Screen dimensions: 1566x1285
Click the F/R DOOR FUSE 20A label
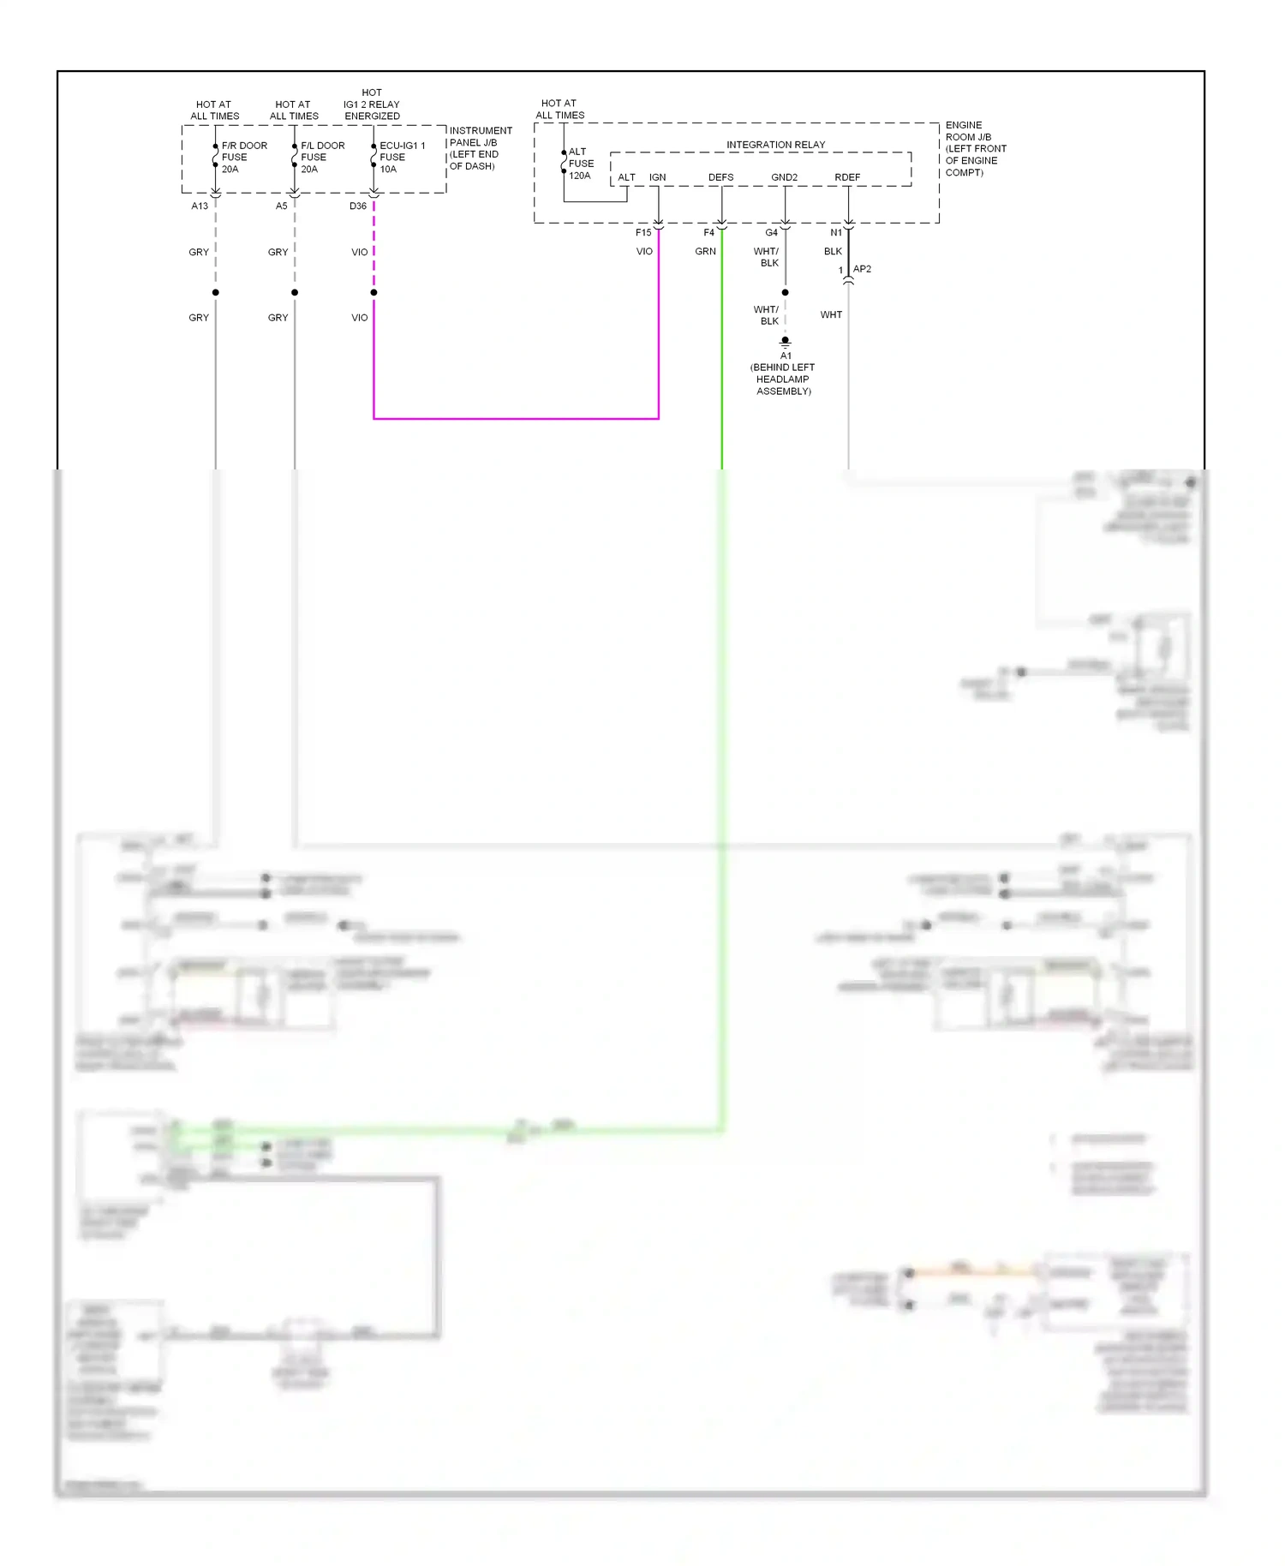(243, 158)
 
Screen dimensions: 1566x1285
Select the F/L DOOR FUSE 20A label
(322, 158)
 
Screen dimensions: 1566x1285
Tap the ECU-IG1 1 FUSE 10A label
(402, 158)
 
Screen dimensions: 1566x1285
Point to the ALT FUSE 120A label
(581, 164)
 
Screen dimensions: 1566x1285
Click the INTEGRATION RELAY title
(775, 145)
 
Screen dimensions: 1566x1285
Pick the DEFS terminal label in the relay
(720, 177)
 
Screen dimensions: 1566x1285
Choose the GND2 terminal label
(784, 177)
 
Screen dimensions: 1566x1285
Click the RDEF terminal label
(847, 177)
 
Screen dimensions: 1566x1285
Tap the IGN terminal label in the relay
(657, 177)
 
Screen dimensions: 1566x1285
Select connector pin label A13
(200, 206)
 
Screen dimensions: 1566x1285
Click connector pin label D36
(358, 206)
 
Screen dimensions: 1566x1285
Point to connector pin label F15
(643, 233)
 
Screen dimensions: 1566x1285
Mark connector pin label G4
(771, 233)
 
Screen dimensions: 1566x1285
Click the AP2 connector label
(862, 269)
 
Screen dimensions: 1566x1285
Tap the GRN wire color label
(705, 252)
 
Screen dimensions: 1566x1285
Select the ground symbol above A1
(785, 342)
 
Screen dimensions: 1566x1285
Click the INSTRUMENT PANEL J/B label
(480, 148)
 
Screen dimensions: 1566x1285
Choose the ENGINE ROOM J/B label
(975, 148)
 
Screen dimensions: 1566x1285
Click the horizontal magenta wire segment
(516, 419)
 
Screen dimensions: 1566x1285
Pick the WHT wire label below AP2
(831, 315)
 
